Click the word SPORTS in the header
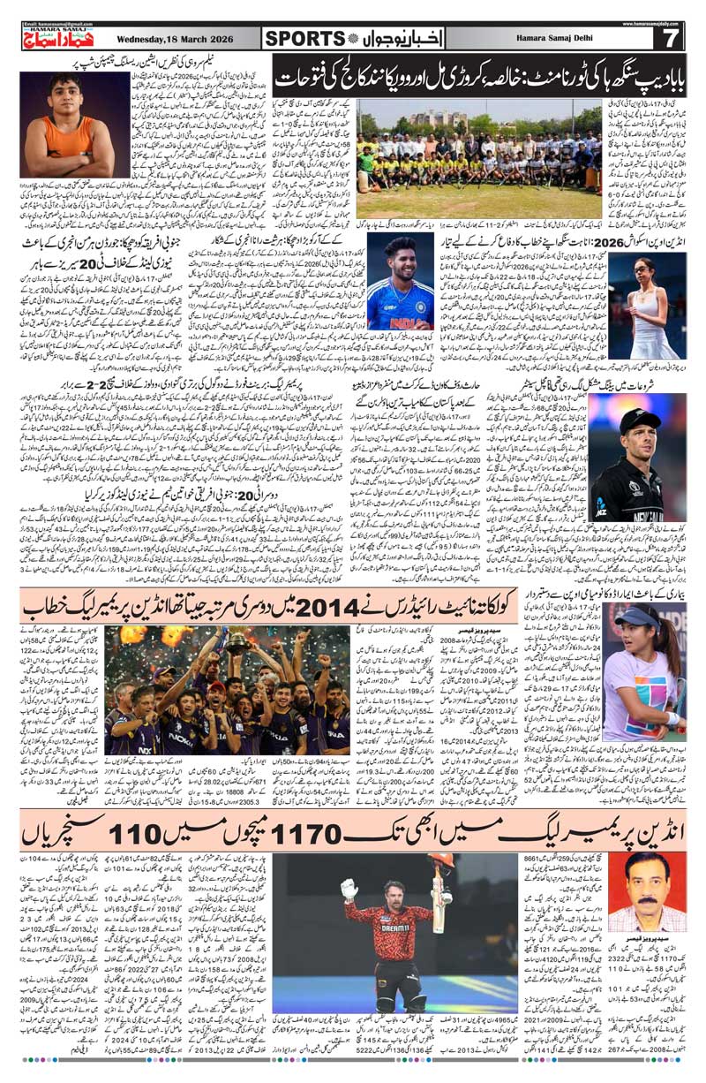pos(304,38)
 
